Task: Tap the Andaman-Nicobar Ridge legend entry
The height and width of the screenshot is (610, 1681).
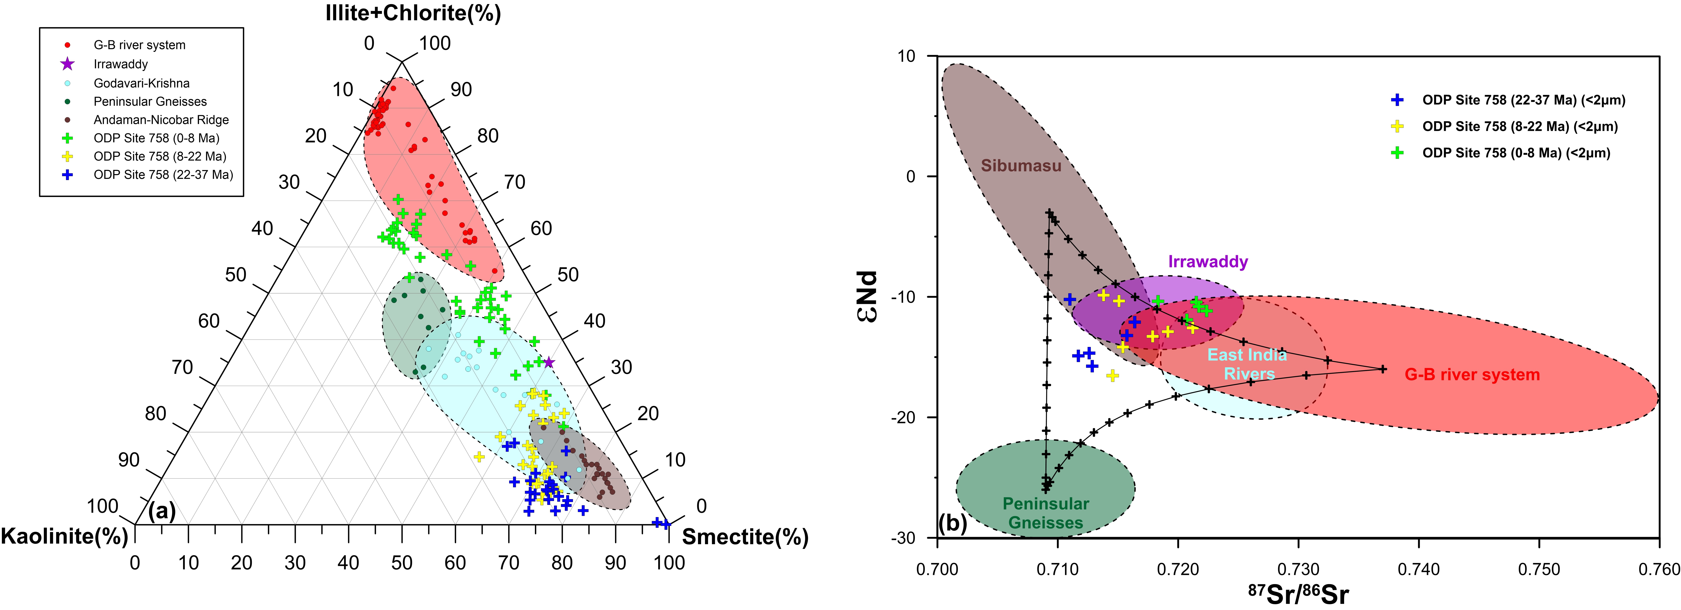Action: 161,119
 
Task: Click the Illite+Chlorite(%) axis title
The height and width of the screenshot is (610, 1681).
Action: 413,13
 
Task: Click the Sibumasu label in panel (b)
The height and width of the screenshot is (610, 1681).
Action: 1021,166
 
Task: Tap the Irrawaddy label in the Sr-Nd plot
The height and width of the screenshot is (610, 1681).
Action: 1208,262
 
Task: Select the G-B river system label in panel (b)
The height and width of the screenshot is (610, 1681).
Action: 1472,375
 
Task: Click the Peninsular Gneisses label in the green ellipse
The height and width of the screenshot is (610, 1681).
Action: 1045,513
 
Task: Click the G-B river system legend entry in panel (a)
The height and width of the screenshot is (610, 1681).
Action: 139,45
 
